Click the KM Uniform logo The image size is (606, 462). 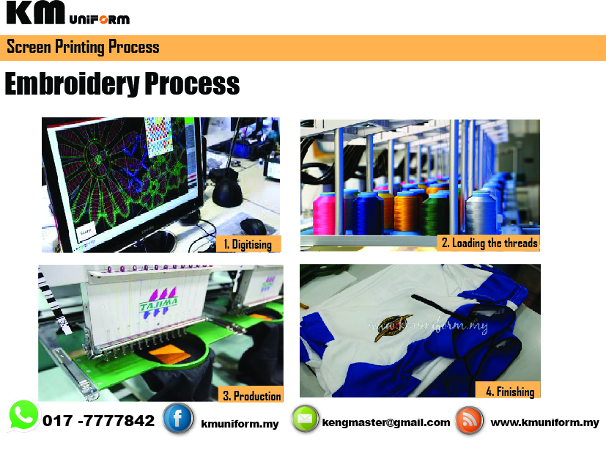click(x=68, y=13)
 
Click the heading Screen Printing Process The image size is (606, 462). click(x=83, y=47)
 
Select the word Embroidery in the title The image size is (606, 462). click(x=73, y=84)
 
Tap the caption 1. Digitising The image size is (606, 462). click(x=248, y=244)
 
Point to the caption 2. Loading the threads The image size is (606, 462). click(x=489, y=243)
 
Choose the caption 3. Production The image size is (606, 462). click(x=251, y=395)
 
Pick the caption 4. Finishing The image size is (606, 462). click(x=510, y=391)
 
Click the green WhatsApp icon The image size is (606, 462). click(x=23, y=416)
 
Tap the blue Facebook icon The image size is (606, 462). click(x=178, y=418)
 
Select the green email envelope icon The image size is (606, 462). click(x=305, y=419)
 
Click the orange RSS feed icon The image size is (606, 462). click(x=469, y=420)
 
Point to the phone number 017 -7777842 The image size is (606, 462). click(x=98, y=421)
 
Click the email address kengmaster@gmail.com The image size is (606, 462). click(x=386, y=422)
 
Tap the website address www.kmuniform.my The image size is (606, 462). click(x=545, y=422)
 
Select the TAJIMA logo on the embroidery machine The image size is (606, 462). click(x=159, y=303)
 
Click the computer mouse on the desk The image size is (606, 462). click(x=253, y=226)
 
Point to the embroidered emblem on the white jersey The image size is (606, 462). click(x=393, y=327)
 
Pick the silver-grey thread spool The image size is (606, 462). click(x=481, y=212)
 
